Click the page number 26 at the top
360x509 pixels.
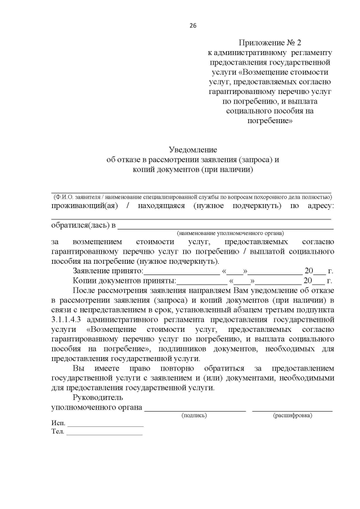click(193, 26)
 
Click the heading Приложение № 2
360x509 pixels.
click(270, 43)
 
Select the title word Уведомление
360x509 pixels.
click(193, 149)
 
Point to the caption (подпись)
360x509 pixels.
click(195, 415)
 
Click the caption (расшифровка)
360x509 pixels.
click(292, 415)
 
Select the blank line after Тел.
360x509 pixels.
click(105, 435)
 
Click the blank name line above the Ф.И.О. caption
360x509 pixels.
click(191, 192)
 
